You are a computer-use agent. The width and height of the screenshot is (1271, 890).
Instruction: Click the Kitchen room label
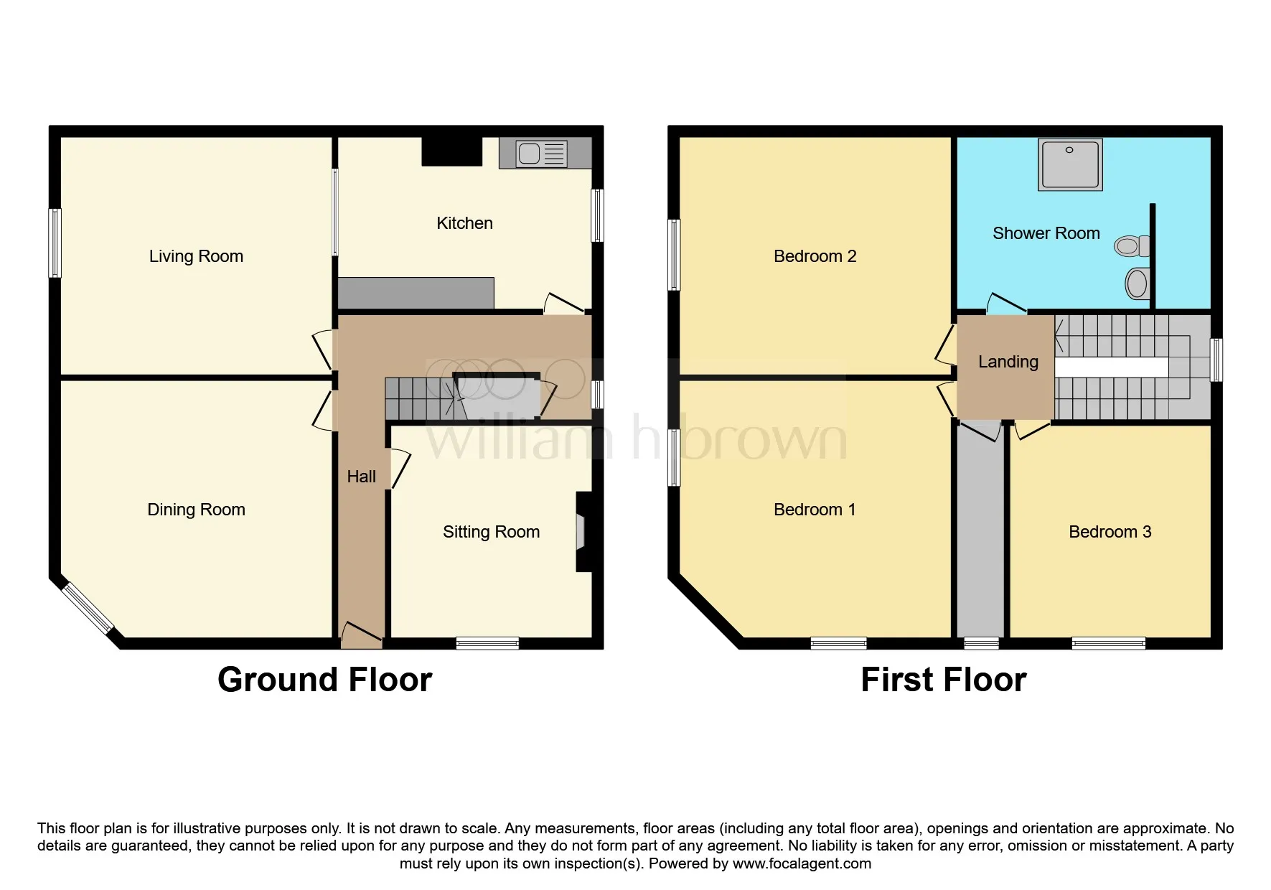pos(464,223)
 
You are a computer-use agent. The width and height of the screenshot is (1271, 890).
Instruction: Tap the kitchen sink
pos(543,154)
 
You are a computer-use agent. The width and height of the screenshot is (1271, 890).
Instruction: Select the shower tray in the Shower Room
pos(1069,164)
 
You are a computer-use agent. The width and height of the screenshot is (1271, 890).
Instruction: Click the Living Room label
pos(196,256)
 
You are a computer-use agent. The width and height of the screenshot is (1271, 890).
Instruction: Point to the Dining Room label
pos(196,510)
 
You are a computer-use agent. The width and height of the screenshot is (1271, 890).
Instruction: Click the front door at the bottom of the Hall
pos(361,634)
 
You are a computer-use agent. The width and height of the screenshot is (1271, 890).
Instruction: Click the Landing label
pos(1008,362)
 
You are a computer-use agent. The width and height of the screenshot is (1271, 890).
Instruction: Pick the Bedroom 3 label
pos(1110,532)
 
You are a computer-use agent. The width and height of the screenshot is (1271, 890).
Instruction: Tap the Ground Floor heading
pos(324,680)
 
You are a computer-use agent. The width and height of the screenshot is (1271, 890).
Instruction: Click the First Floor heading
pos(943,680)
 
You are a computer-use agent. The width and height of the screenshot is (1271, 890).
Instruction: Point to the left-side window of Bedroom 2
pos(674,255)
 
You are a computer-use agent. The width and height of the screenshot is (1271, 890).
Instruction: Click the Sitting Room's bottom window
pos(487,643)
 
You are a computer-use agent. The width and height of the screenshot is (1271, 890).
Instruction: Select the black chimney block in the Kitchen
pos(451,151)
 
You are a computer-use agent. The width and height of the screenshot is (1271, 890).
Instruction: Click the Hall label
pos(361,477)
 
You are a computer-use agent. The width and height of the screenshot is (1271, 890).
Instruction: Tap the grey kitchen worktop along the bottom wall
pos(416,293)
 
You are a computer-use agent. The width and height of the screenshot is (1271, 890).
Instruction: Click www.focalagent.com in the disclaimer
pos(802,863)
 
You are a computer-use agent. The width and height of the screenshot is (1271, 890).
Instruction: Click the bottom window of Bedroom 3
pos(1108,643)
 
